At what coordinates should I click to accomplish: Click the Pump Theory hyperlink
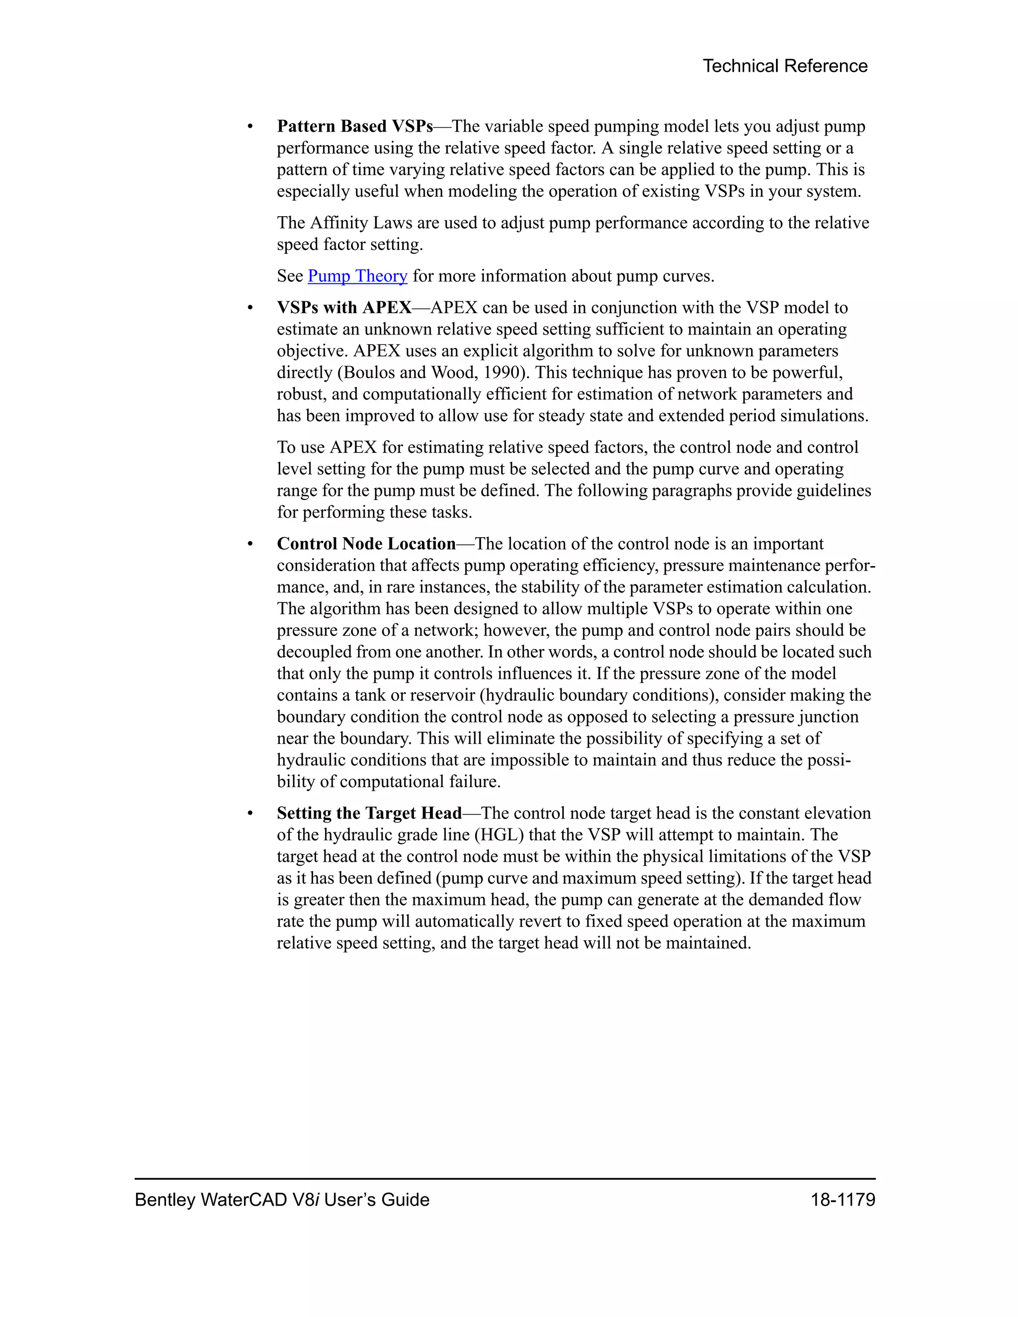[x=357, y=276]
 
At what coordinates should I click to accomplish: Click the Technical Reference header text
[x=784, y=66]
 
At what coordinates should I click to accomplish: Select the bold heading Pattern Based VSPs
[x=354, y=127]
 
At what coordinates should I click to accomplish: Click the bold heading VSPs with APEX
[x=344, y=308]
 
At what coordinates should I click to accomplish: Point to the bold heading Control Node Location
[x=366, y=544]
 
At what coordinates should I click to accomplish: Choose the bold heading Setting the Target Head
[x=369, y=814]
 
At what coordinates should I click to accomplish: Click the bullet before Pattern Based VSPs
[x=250, y=127]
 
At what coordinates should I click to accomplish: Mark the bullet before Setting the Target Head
[x=250, y=814]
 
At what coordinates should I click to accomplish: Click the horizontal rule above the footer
[x=505, y=1178]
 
